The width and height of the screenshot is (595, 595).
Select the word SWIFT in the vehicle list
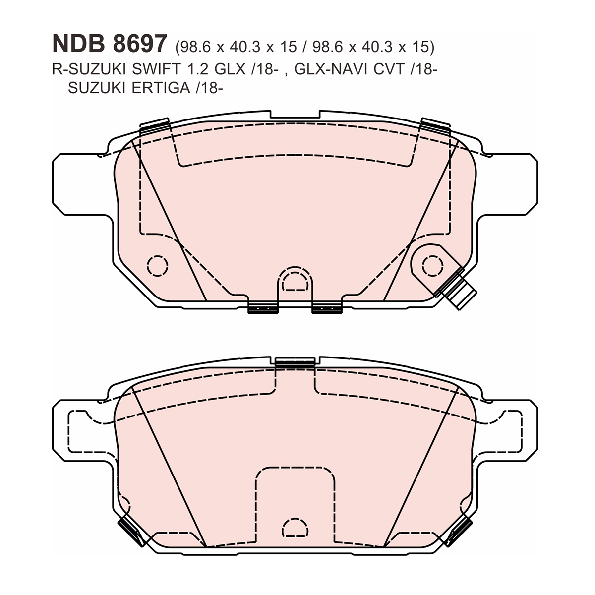tap(148, 70)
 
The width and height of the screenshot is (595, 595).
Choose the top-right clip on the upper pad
tap(435, 126)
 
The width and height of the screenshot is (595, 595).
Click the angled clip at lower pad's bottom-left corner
tap(130, 530)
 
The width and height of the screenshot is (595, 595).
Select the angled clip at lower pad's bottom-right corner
tap(459, 530)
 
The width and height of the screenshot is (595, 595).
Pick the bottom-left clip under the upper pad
tap(263, 308)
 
